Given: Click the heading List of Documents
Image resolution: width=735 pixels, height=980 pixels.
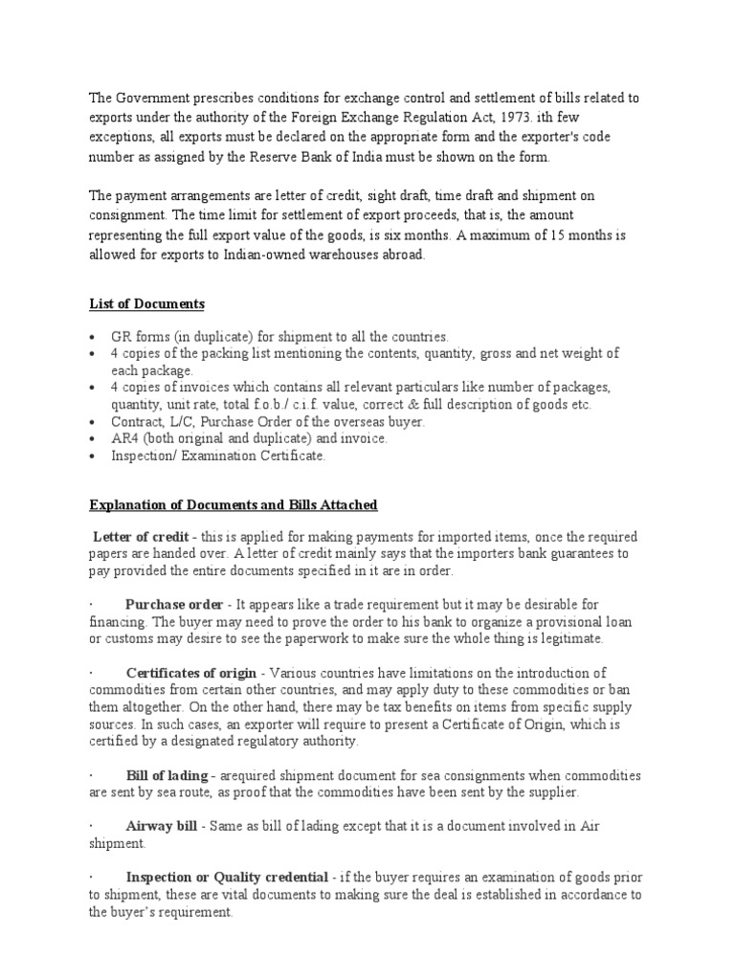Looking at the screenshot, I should (x=146, y=303).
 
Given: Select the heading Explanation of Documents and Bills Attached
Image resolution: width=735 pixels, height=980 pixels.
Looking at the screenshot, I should (x=234, y=504).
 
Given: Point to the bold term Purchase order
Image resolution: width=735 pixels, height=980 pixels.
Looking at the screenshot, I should (x=173, y=604).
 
